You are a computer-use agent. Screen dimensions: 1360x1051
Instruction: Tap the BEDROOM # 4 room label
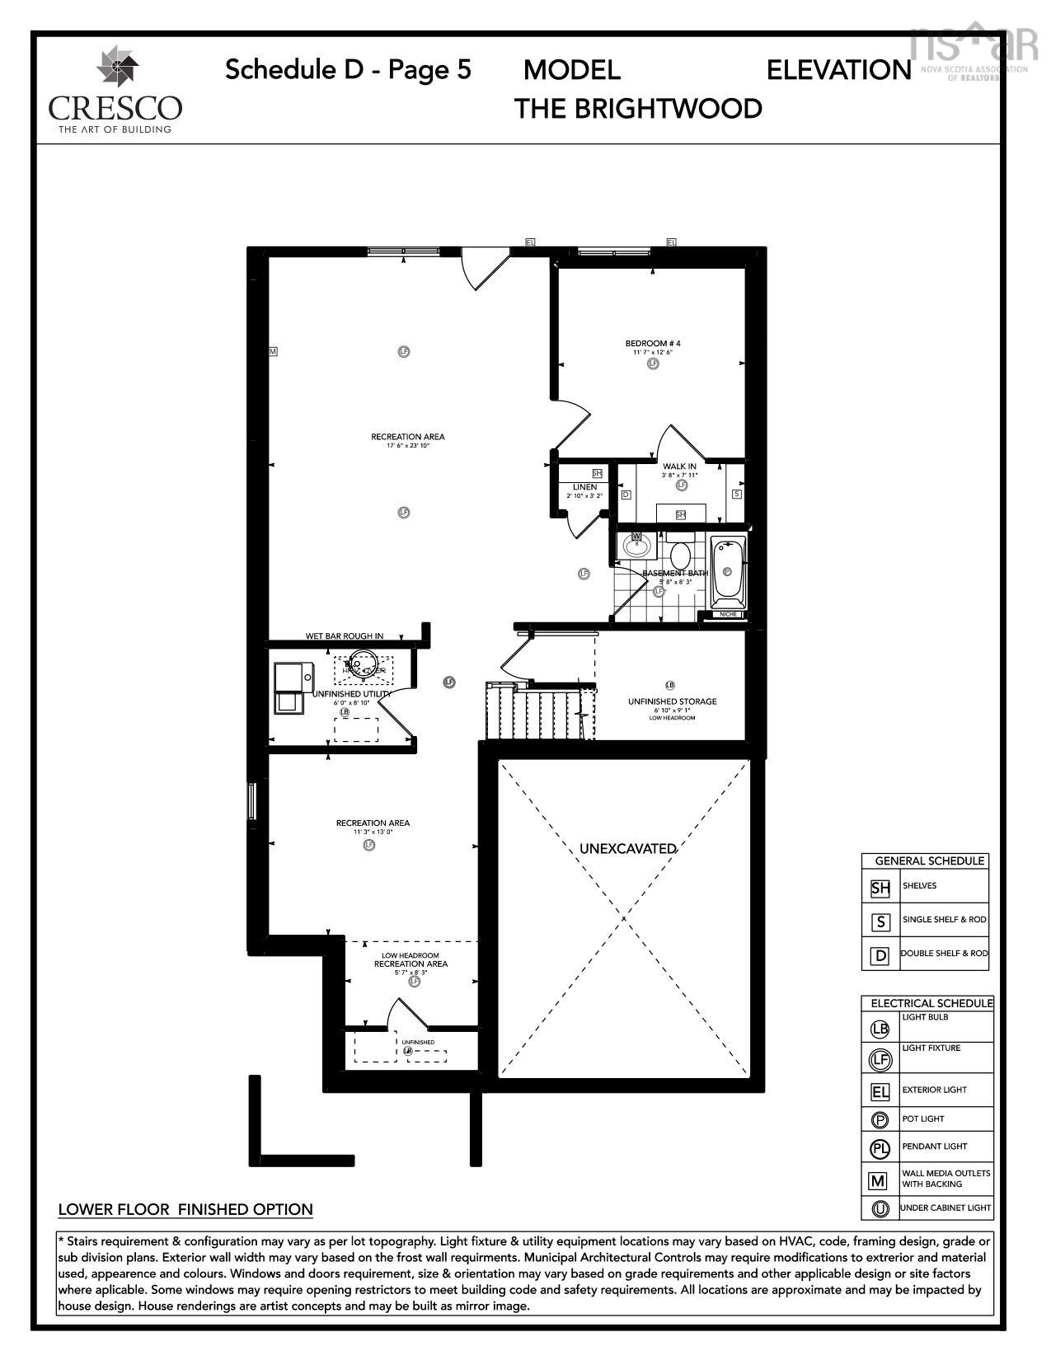(653, 343)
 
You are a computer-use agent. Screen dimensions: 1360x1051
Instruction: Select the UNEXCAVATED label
(627, 848)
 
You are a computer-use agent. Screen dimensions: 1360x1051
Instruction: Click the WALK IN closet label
(680, 467)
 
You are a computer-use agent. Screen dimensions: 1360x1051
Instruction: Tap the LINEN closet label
(584, 487)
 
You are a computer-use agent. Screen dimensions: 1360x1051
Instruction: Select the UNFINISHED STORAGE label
(672, 701)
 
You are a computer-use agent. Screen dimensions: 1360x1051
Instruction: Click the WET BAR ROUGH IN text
(345, 636)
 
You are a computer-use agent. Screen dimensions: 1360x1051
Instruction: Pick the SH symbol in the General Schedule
(880, 889)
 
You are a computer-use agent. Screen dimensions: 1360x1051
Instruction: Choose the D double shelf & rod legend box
(880, 954)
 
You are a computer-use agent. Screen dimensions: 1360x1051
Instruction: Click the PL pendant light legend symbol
(880, 1147)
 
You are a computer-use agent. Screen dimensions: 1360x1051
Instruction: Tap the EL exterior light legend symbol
(880, 1092)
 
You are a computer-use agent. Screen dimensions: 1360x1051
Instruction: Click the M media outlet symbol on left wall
(273, 351)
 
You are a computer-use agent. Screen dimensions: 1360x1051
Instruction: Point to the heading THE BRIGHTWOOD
(638, 109)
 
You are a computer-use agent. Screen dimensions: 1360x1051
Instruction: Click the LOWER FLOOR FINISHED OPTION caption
(185, 1209)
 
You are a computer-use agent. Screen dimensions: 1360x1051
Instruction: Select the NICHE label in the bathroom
(727, 614)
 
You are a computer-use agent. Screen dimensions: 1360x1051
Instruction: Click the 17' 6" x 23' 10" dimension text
(408, 446)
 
